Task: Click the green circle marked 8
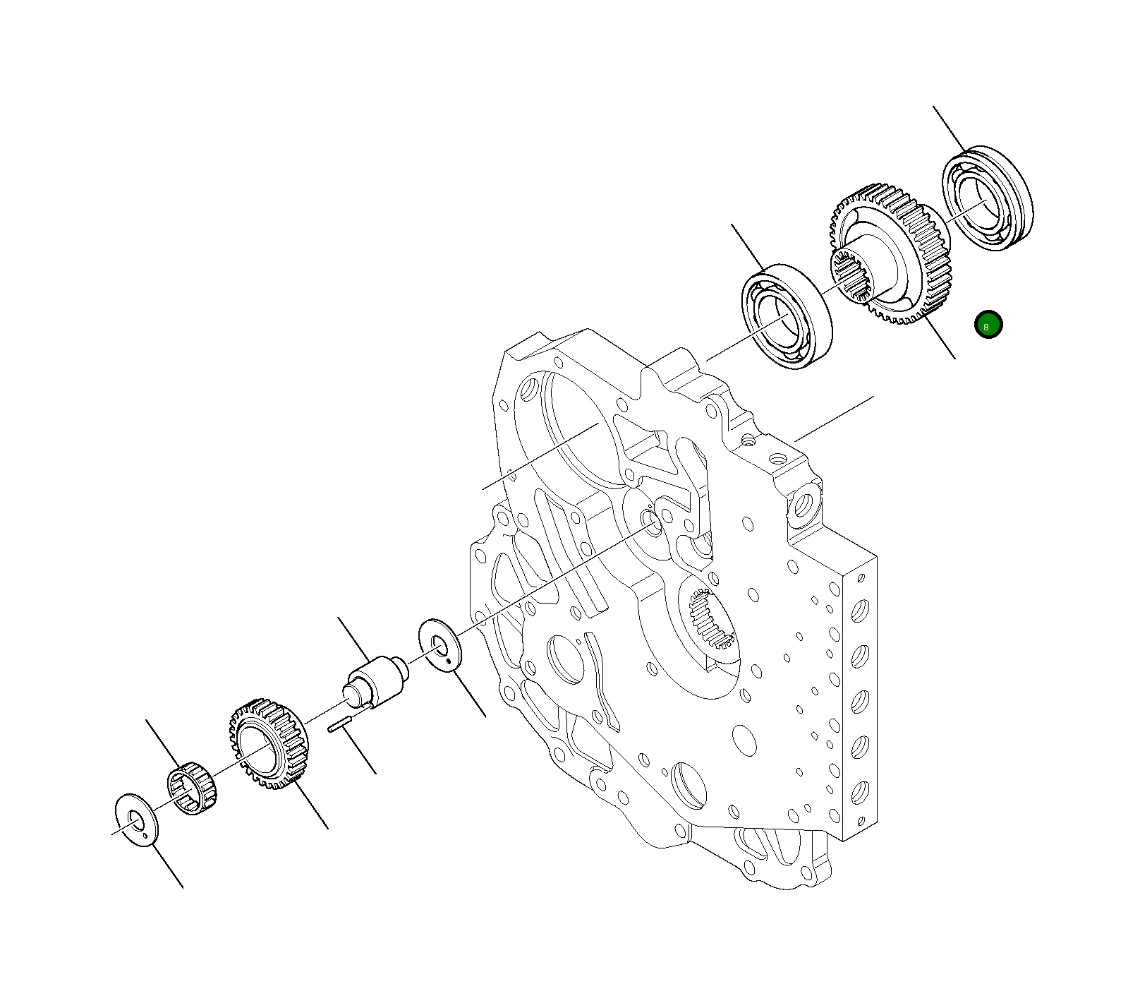point(988,325)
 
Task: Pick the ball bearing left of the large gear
point(787,316)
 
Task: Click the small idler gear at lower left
point(269,744)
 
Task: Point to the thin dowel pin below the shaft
point(340,725)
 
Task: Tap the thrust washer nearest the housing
point(439,644)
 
